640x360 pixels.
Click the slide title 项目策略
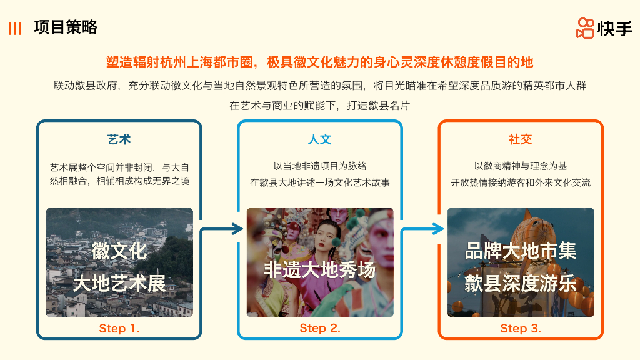[x=66, y=28]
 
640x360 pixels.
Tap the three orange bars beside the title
[x=15, y=29]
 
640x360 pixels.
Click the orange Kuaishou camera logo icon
[x=585, y=28]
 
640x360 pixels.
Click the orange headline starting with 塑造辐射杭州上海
[x=319, y=62]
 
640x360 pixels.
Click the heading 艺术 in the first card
[x=119, y=139]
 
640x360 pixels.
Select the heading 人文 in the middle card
[x=320, y=139]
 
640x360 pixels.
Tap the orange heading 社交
[x=521, y=139]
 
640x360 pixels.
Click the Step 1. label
[x=119, y=328]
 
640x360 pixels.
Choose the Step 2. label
[x=320, y=328]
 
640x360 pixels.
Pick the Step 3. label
[x=521, y=328]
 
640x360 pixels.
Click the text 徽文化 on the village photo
[x=119, y=251]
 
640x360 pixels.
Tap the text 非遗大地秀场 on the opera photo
[x=320, y=269]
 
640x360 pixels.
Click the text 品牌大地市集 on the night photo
[x=521, y=251]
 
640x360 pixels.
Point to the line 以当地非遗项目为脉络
[x=320, y=166]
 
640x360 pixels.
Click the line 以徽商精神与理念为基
[x=521, y=166]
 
